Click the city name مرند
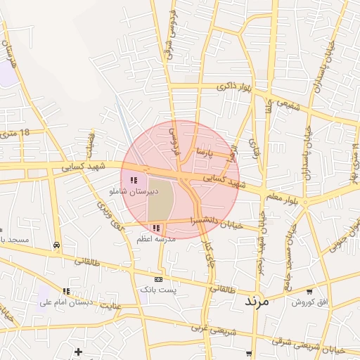(257, 300)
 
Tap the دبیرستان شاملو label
(134, 191)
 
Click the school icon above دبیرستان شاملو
(134, 181)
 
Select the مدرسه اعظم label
(155, 239)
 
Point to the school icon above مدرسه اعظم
(155, 229)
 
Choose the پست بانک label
(158, 290)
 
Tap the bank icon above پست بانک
(158, 279)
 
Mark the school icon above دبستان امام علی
(66, 291)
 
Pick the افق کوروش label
(307, 302)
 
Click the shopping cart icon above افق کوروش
(309, 291)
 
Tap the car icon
(56, 245)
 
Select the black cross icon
(78, 352)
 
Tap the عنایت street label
(108, 306)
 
